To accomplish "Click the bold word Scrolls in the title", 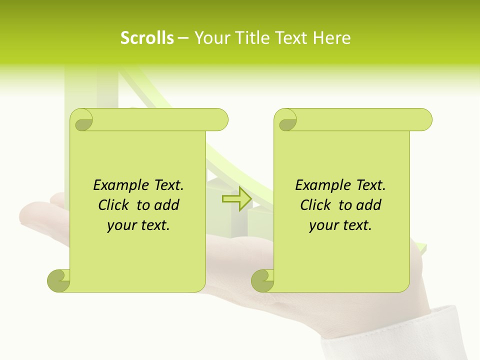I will point(147,38).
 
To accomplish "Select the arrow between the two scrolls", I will point(236,199).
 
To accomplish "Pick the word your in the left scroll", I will point(120,225).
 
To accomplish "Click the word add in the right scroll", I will point(368,205).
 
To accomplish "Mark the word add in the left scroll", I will point(166,205).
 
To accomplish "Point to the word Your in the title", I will point(209,38).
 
